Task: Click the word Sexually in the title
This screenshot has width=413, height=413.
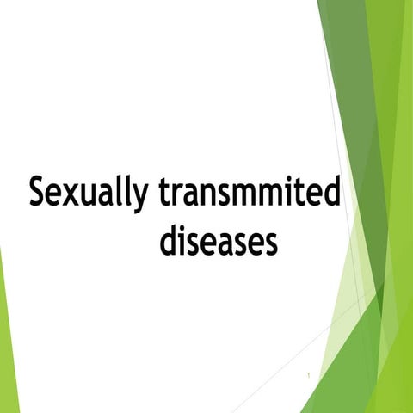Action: [x=86, y=193]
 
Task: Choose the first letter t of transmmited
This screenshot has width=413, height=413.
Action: [x=163, y=192]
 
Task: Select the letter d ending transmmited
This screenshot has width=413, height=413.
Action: [x=331, y=191]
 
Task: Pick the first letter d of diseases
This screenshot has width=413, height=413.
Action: [x=169, y=240]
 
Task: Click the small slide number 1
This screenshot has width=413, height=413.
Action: [x=307, y=377]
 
